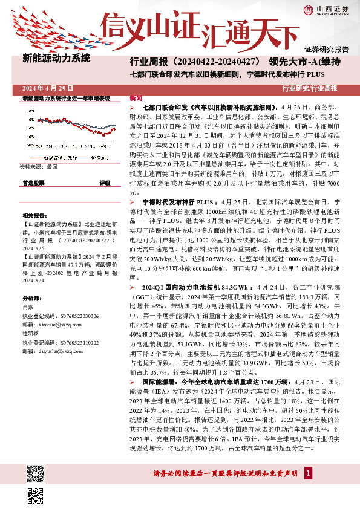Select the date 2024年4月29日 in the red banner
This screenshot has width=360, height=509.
(x=47, y=88)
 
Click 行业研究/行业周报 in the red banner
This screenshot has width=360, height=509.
(x=309, y=88)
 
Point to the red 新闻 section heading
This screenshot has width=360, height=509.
(x=136, y=97)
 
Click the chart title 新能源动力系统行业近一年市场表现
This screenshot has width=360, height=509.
(x=66, y=98)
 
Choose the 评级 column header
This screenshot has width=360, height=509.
(x=105, y=182)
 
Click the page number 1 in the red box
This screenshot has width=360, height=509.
(x=309, y=472)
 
